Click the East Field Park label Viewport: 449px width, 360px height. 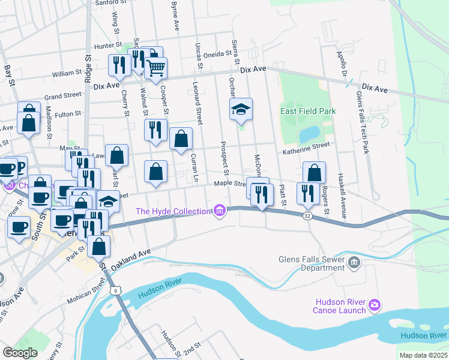[x=308, y=111]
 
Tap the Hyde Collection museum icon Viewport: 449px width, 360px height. [x=220, y=211]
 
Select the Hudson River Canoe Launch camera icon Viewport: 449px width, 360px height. [x=375, y=305]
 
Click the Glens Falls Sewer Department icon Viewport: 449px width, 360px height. [x=354, y=262]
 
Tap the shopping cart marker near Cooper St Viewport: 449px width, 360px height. [x=156, y=69]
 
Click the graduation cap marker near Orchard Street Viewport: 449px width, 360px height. [x=241, y=109]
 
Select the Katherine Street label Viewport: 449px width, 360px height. [x=307, y=146]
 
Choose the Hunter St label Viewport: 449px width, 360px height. [x=108, y=45]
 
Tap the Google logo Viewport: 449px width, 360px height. [x=20, y=353]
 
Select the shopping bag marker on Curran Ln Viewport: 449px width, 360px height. [x=181, y=139]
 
